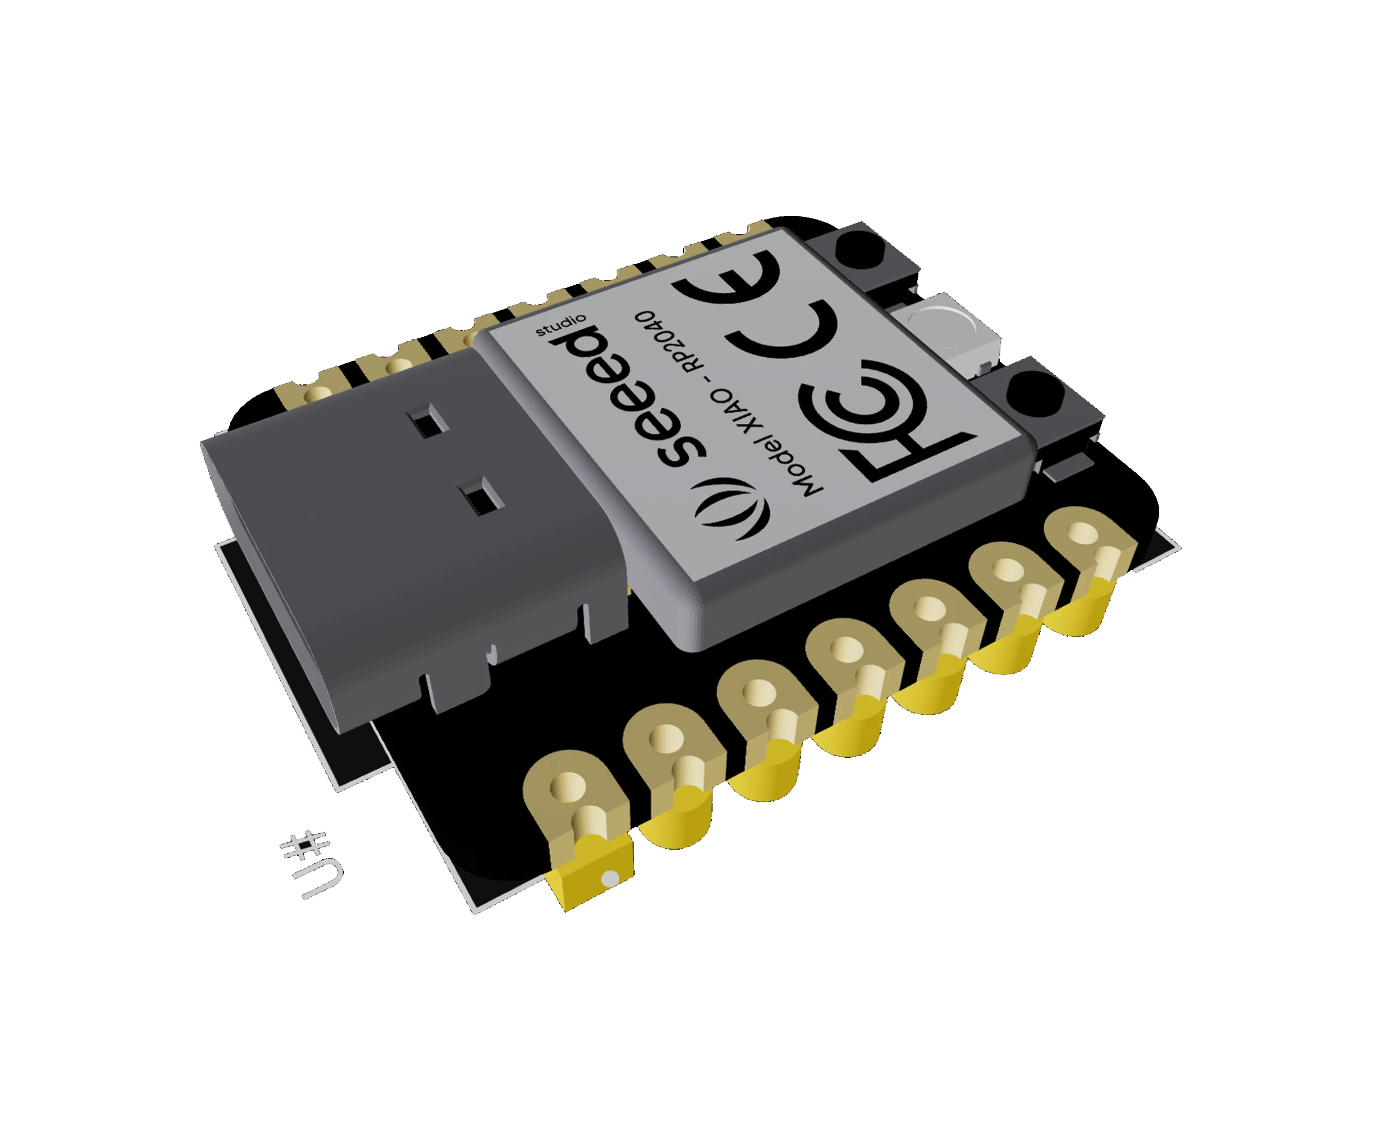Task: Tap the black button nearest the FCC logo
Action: click(x=1032, y=394)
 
